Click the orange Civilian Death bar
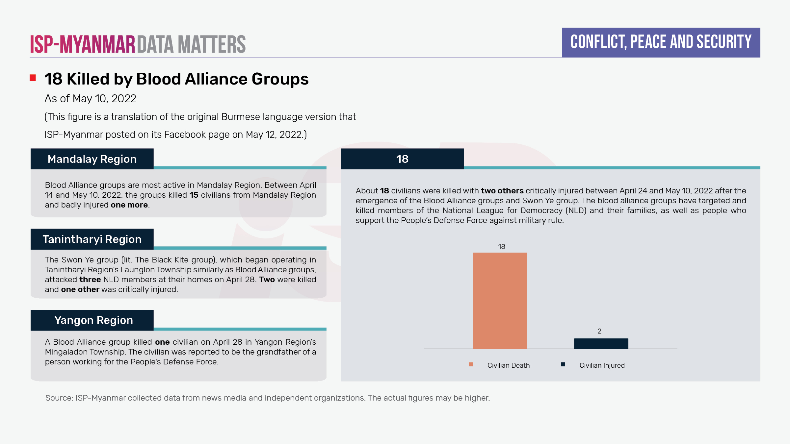(500, 301)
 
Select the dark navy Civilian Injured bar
(601, 343)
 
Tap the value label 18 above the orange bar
(501, 247)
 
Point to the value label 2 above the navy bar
(599, 331)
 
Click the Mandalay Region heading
(92, 159)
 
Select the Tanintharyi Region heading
(92, 239)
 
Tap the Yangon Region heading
(93, 320)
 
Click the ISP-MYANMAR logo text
(83, 44)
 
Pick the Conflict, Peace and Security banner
(661, 42)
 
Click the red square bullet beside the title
(33, 78)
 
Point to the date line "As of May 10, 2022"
(90, 99)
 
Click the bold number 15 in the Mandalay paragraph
(194, 195)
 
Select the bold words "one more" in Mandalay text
(129, 205)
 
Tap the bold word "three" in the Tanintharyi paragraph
(90, 280)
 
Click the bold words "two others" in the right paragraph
(502, 191)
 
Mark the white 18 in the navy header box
(402, 159)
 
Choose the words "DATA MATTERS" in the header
(191, 44)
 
